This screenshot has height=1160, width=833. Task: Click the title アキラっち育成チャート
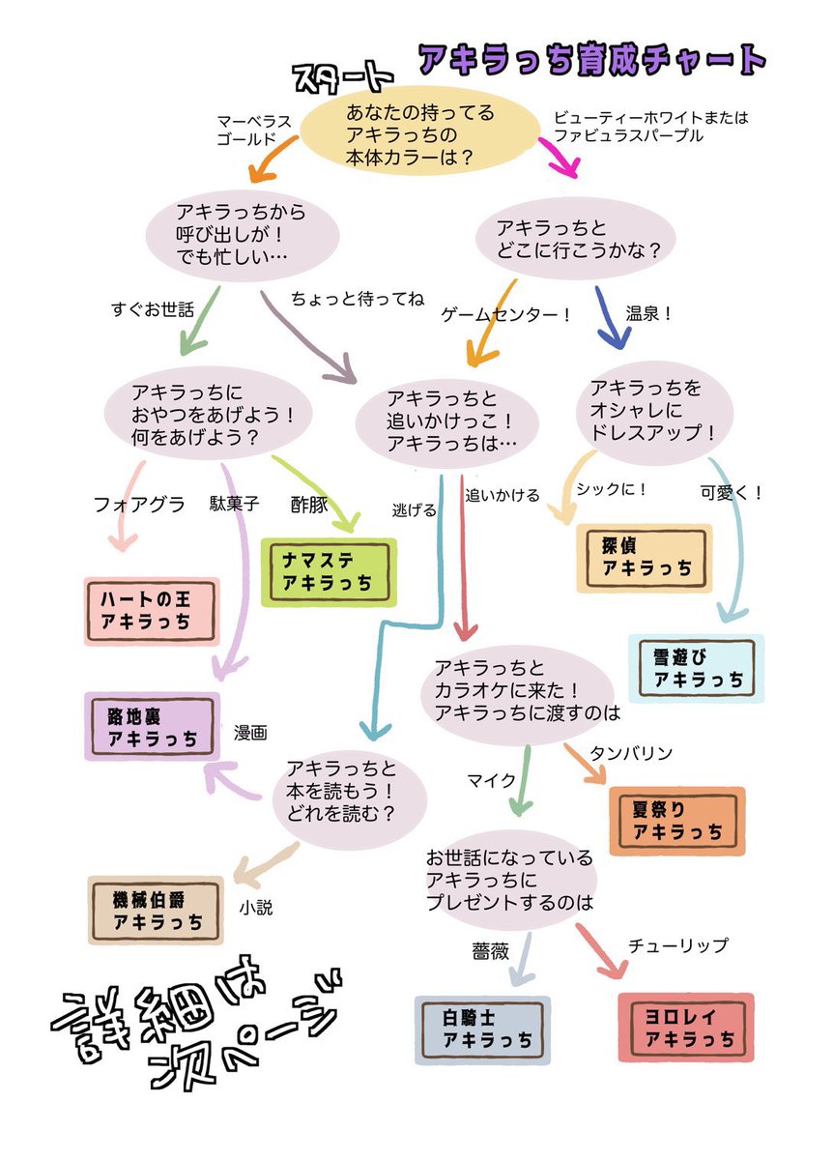click(591, 60)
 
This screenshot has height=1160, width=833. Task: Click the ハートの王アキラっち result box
click(152, 611)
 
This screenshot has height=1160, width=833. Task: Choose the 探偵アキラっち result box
click(644, 558)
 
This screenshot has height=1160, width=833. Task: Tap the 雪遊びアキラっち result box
click(696, 668)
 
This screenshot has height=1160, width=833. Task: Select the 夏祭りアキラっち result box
click(676, 821)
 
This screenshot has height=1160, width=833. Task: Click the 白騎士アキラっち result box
click(483, 1029)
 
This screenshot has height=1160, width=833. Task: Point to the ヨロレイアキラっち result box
click(685, 1029)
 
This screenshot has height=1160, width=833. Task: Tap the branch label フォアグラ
click(138, 504)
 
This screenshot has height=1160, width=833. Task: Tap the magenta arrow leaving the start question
click(560, 156)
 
